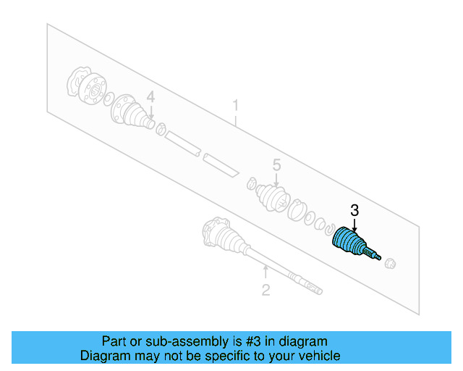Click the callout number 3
[x=354, y=211]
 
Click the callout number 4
[x=150, y=96]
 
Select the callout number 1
[x=235, y=106]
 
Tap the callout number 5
[x=276, y=166]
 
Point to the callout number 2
[x=266, y=291]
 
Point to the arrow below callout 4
[x=150, y=110]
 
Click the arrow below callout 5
[x=276, y=180]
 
